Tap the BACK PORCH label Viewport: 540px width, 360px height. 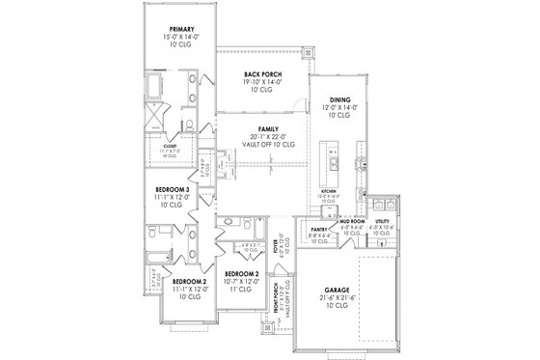261,73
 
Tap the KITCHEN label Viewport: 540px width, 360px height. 329,193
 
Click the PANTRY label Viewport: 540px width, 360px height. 321,230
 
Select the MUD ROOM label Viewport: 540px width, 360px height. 350,221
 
